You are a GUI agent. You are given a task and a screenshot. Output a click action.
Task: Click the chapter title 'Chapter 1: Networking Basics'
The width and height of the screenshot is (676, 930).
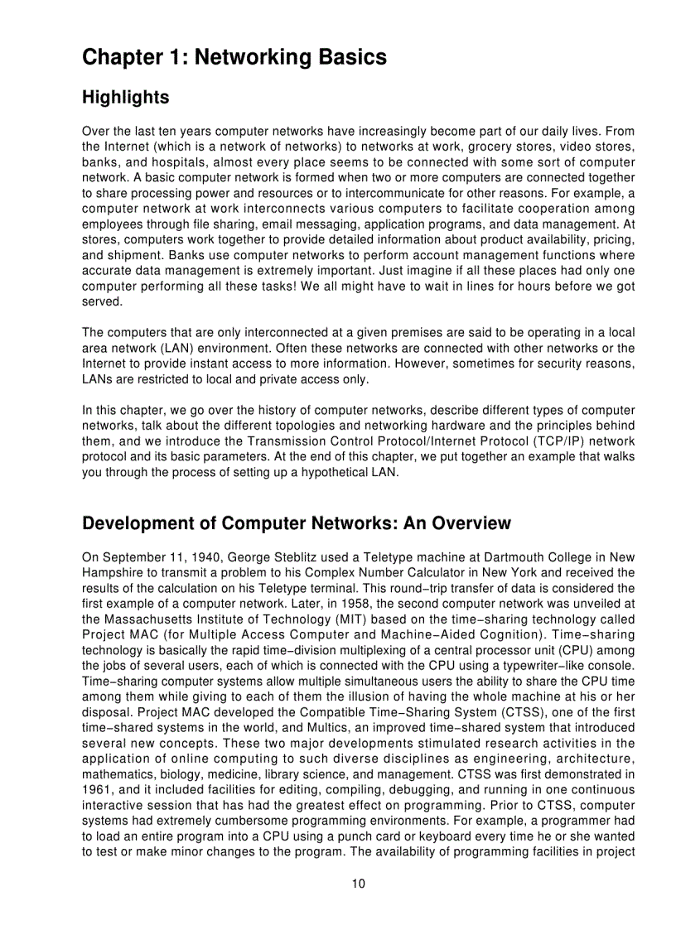coord(234,57)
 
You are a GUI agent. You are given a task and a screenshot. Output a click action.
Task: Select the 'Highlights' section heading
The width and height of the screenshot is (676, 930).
coord(126,98)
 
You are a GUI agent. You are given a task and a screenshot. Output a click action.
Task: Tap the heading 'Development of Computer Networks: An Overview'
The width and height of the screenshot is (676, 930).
coord(297,524)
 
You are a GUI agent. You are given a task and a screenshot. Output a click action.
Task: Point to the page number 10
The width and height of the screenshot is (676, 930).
coord(358,884)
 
